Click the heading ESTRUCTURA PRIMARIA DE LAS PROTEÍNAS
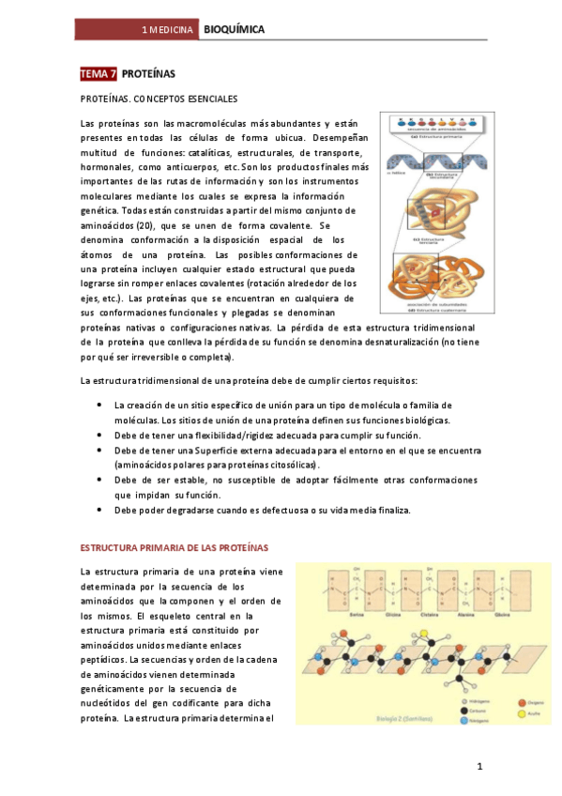click(x=174, y=546)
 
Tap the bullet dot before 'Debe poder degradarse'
click(x=99, y=510)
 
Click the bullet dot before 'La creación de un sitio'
click(x=99, y=405)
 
